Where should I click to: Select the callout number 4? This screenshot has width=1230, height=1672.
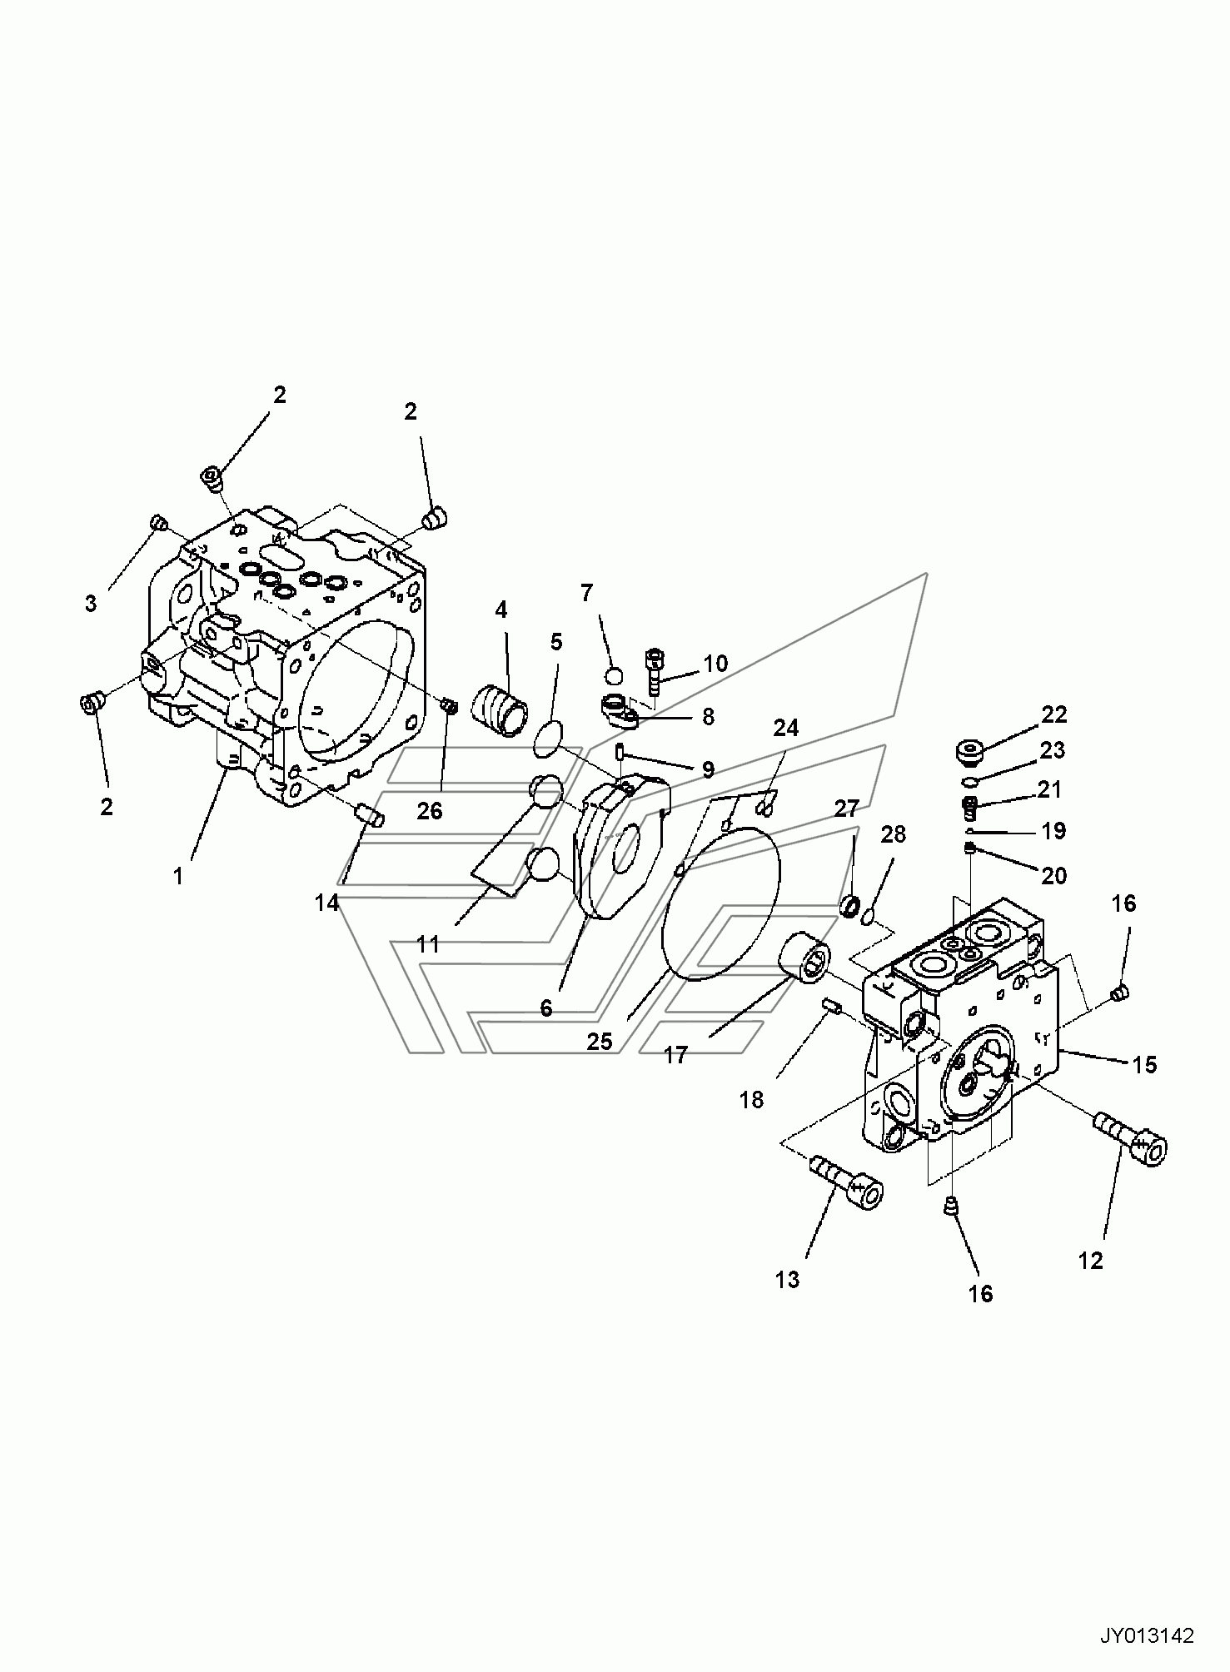pos(500,610)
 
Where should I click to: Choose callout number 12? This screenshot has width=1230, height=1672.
pos(1090,1261)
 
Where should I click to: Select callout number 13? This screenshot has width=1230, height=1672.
pos(787,1280)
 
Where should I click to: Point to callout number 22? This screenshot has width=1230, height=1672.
pos(1053,714)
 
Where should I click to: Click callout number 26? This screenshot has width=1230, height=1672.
pos(430,809)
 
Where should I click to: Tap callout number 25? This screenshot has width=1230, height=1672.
pos(600,1041)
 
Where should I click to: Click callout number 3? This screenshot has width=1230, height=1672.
pos(91,603)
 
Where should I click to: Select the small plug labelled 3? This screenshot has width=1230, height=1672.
pos(159,523)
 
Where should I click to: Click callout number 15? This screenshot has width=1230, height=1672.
pos(1145,1064)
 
